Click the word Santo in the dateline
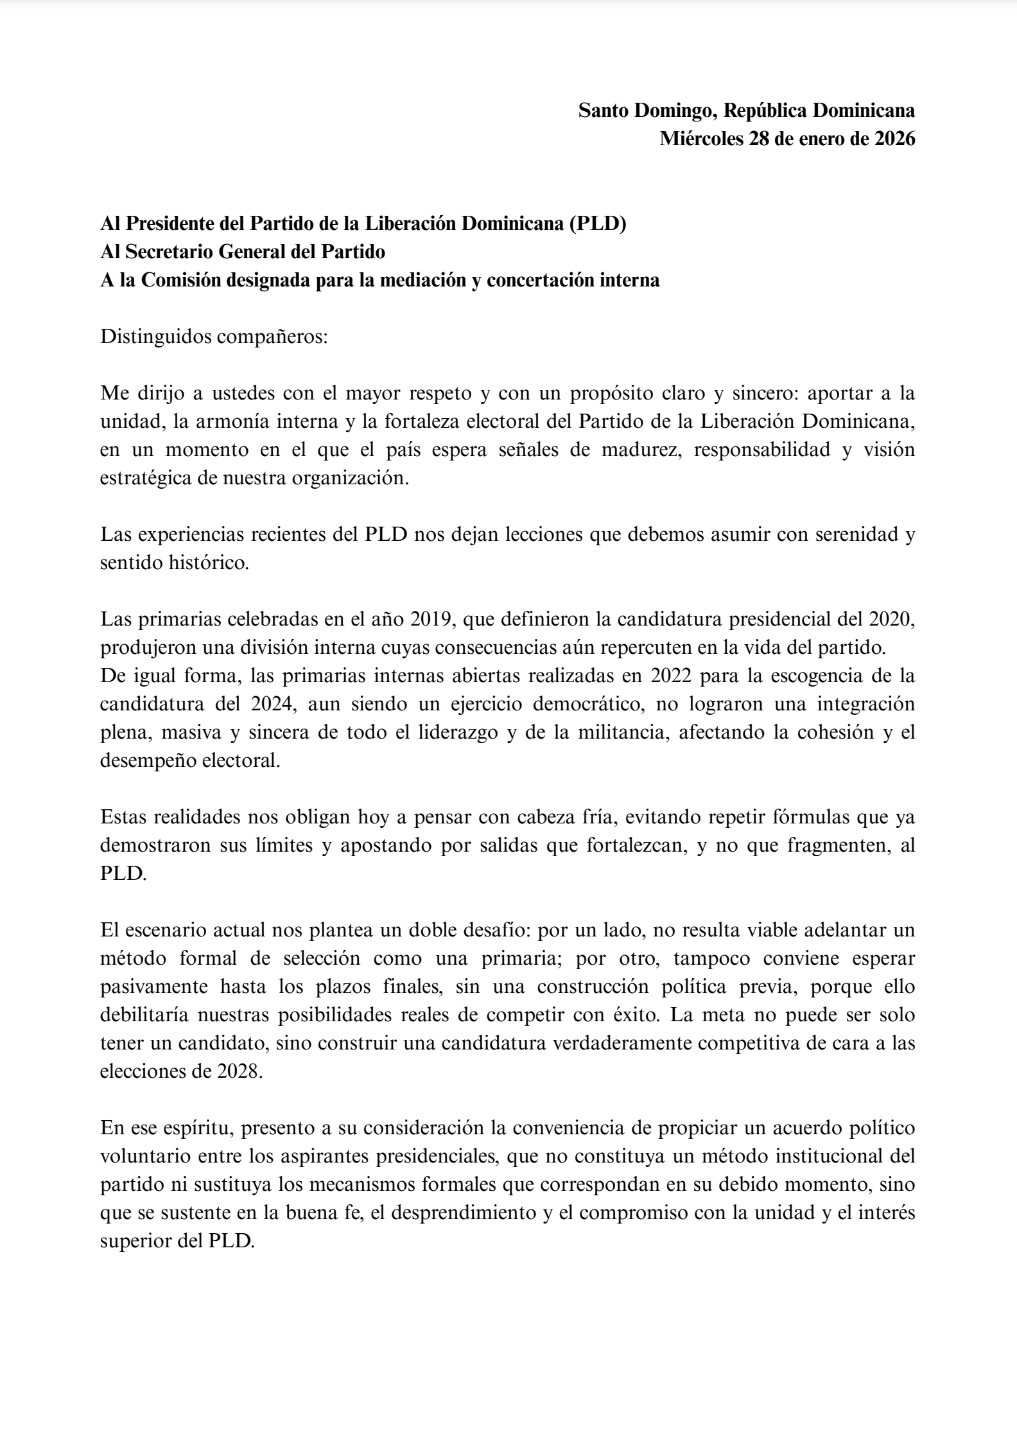point(604,110)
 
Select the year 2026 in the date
point(895,139)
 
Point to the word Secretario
point(171,252)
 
